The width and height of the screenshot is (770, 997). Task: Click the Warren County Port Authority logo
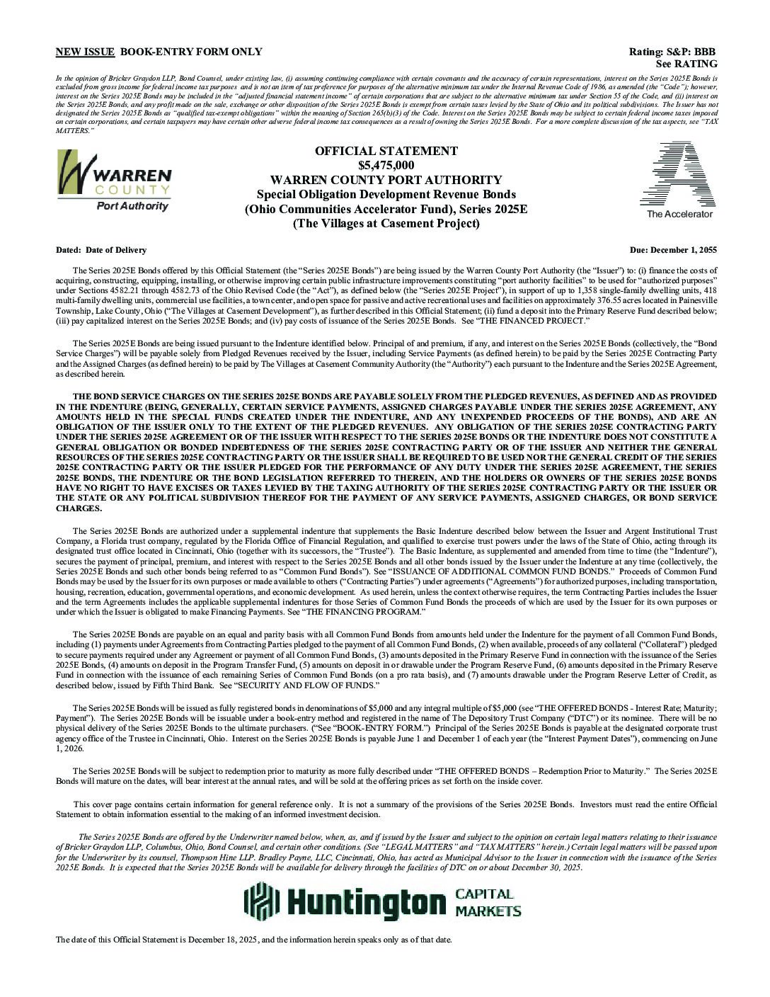coord(113,180)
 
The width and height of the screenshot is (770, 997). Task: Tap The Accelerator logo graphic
coord(677,174)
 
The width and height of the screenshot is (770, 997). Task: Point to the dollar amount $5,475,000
coord(386,166)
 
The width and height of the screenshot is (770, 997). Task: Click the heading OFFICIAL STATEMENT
coord(386,151)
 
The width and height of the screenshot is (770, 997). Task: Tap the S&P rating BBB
coord(705,52)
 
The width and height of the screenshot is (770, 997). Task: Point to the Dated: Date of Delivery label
coord(101,250)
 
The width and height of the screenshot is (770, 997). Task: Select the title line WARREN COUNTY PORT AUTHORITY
coord(386,180)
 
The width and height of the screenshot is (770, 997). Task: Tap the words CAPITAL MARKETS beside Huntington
coord(488,903)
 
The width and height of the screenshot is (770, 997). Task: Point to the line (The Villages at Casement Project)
coord(386,224)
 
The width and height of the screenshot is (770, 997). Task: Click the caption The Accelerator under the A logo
coord(679,215)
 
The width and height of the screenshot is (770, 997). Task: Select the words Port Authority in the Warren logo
coord(132,206)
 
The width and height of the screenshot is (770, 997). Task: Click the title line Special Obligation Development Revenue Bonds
coord(386,195)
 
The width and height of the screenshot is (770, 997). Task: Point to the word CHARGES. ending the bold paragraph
coord(79,508)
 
